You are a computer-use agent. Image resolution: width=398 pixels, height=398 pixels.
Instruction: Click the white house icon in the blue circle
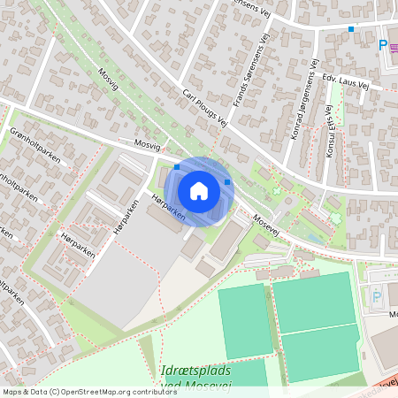coord(199,191)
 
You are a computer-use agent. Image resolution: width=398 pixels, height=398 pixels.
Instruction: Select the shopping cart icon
coord(394,45)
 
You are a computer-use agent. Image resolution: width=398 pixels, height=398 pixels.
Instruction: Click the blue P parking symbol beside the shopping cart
coord(382,45)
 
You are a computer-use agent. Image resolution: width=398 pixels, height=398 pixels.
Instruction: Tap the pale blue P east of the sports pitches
coord(377,298)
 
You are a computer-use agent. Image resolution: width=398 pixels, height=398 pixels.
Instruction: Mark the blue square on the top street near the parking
coord(351,28)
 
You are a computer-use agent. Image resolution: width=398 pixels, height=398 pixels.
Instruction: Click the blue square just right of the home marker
coord(227,182)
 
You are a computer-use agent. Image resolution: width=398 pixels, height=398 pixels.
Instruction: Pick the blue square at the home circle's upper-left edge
coord(177,166)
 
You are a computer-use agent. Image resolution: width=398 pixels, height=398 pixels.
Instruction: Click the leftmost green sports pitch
coord(244,319)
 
